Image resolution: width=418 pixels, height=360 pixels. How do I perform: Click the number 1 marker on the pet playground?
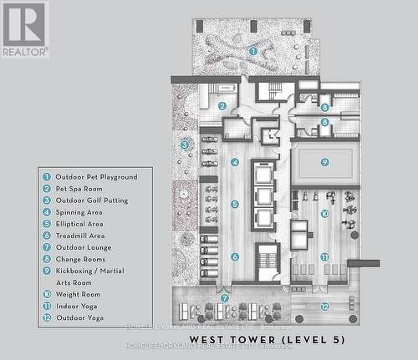coord(253,51)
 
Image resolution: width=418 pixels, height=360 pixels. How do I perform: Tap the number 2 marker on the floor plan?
coord(222,106)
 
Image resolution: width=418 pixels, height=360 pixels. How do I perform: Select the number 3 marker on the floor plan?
coord(184,145)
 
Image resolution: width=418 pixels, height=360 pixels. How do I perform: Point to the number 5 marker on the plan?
coord(235,204)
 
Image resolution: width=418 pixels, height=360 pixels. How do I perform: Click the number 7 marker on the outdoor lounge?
coord(224,298)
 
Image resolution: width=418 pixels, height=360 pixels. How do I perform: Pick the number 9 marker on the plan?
coord(324,162)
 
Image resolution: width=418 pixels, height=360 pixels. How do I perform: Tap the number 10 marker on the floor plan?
coord(324,214)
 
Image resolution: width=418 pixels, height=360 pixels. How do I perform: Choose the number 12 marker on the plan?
coord(324,307)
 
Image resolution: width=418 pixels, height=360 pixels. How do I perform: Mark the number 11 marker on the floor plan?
coord(324,256)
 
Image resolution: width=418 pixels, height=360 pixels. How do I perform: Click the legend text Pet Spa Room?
coord(79,189)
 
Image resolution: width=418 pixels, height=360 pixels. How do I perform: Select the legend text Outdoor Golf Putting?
coord(92,200)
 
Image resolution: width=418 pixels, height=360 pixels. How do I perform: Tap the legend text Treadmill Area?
coord(80,236)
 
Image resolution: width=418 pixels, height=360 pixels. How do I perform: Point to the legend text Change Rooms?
coord(81,259)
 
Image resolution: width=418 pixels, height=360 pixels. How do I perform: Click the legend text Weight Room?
coord(78,294)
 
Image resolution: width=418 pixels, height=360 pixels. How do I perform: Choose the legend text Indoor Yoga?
coord(77,306)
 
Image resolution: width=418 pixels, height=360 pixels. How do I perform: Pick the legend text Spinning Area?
coord(79,212)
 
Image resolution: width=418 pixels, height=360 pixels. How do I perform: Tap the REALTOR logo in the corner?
coord(24,29)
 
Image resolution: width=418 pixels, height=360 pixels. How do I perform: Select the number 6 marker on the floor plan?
coord(235,256)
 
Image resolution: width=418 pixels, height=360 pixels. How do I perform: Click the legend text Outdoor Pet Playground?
coord(96,177)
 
